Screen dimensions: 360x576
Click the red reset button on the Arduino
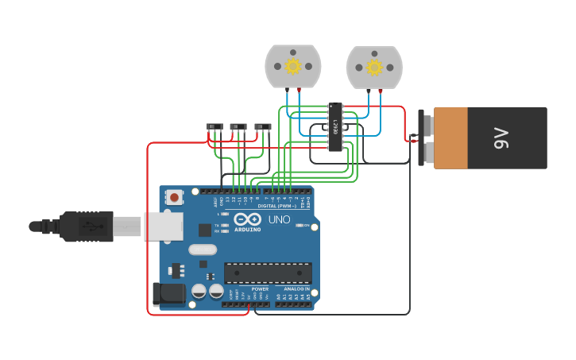point(174,195)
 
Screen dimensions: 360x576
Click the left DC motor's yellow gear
point(292,66)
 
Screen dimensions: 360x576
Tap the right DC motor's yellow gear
point(374,66)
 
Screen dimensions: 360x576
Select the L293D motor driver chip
point(336,126)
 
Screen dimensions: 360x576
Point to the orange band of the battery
point(450,138)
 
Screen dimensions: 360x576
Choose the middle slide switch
point(238,126)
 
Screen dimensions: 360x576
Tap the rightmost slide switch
point(262,126)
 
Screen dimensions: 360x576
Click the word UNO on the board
point(279,219)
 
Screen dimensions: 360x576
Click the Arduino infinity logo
point(247,219)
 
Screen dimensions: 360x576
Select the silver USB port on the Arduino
point(164,226)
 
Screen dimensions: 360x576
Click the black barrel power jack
point(169,294)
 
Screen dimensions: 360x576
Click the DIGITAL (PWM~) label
point(273,206)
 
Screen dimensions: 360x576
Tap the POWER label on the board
point(261,289)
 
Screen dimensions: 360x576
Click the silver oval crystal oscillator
point(203,250)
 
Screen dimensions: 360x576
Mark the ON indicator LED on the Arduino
point(299,226)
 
